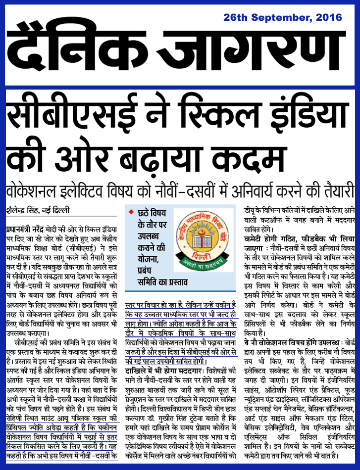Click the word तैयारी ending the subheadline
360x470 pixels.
click(336, 190)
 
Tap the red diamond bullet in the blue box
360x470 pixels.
click(131, 212)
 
